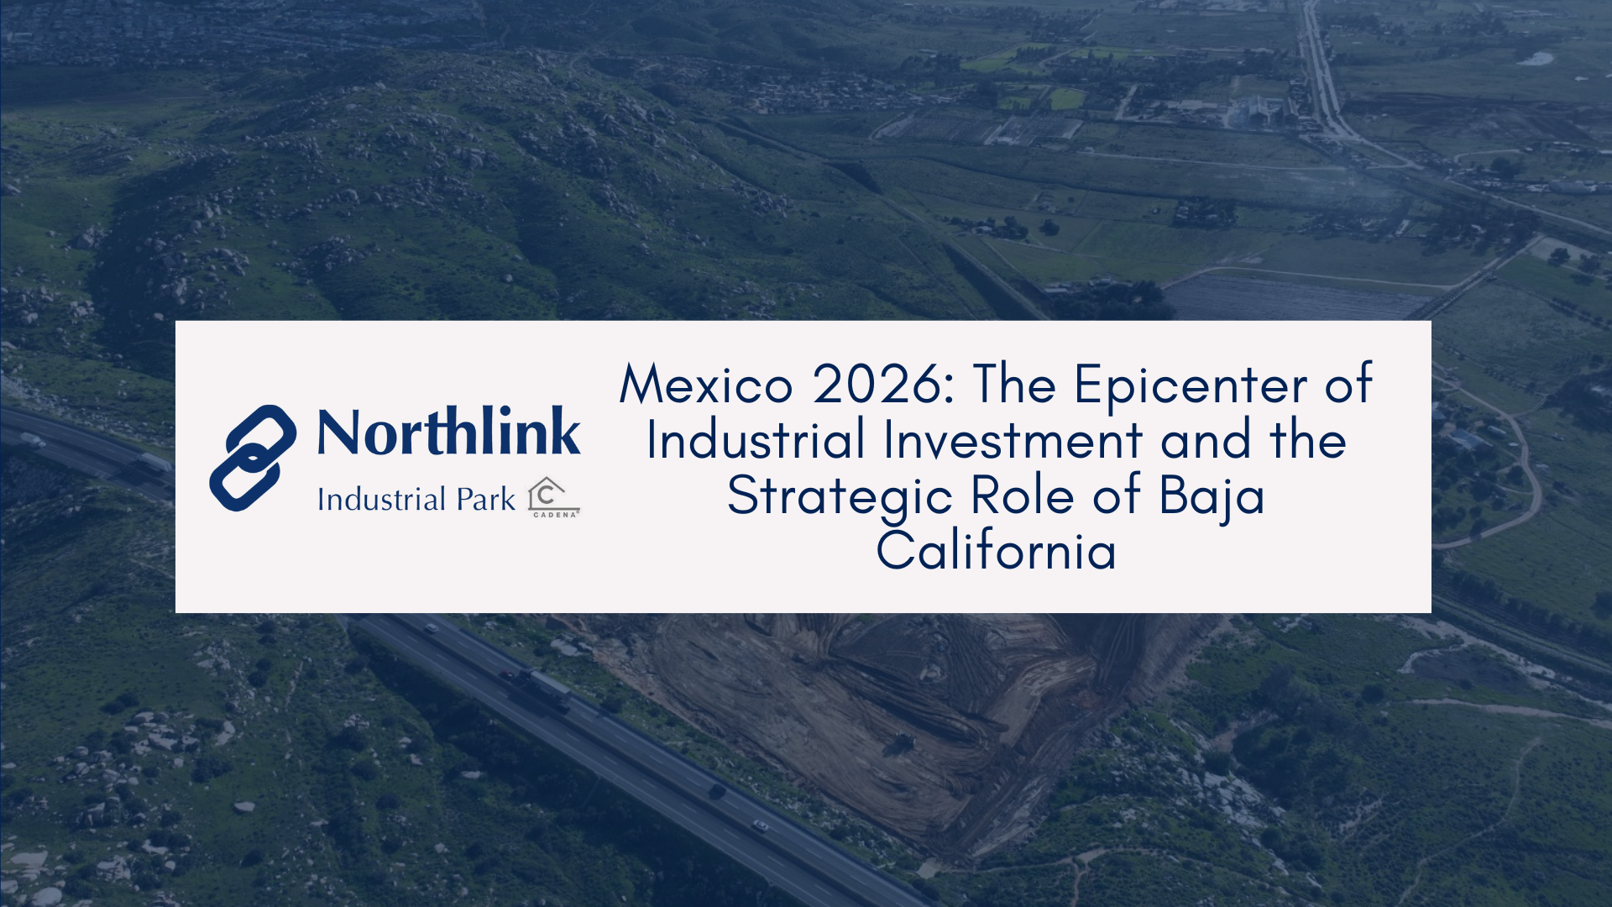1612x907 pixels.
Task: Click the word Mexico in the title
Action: click(x=706, y=385)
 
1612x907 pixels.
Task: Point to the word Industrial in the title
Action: click(x=756, y=440)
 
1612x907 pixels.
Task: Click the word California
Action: click(x=997, y=550)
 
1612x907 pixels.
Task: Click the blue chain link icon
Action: click(x=253, y=458)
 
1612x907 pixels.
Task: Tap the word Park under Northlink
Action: click(x=485, y=500)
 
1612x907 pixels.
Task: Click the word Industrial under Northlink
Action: click(x=381, y=500)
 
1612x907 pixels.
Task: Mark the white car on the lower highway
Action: click(x=760, y=826)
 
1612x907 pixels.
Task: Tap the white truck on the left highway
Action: click(x=154, y=463)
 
